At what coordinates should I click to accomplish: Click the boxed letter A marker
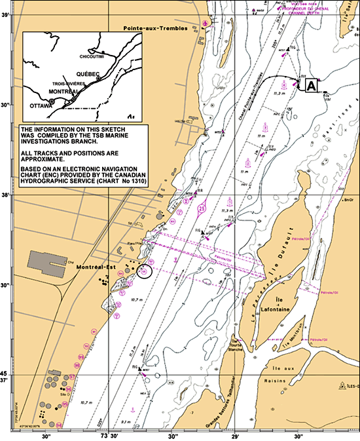(312, 85)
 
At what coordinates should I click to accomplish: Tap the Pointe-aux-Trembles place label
(156, 29)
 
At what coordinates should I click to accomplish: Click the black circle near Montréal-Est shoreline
(144, 270)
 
